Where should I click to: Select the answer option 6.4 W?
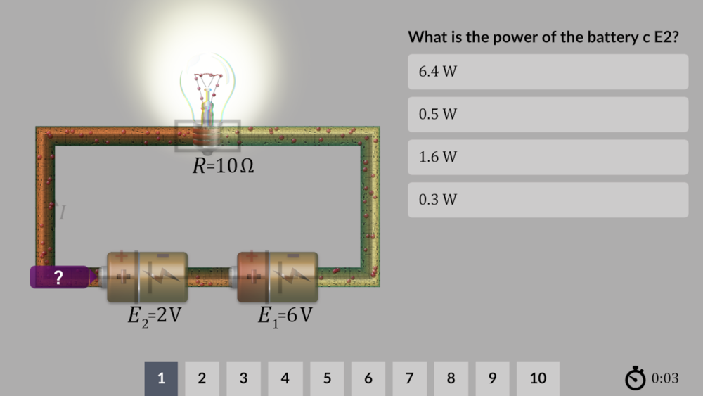point(548,72)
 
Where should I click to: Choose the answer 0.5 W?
point(548,114)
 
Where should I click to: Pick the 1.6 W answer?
point(548,157)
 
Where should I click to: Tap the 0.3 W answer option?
point(548,200)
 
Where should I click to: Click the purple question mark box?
point(59,277)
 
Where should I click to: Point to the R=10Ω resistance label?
point(224,167)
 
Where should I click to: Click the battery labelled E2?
point(148,277)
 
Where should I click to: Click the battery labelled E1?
point(278,277)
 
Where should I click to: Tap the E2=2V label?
point(155,316)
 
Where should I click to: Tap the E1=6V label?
point(285,316)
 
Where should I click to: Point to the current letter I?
point(63,212)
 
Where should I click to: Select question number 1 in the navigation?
point(161,378)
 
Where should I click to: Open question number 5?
point(327,378)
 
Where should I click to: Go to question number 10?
point(538,378)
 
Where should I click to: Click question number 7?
point(409,378)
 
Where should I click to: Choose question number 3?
point(243,378)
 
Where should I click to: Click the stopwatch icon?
point(635,378)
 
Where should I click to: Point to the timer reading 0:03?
point(665,378)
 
